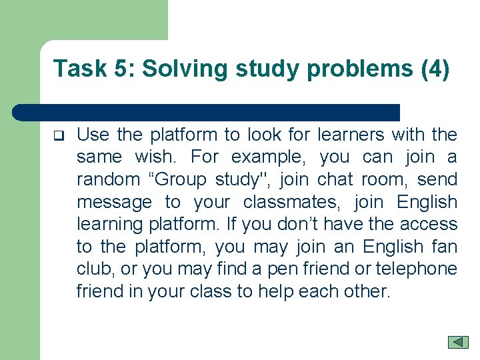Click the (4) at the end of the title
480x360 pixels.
(x=435, y=69)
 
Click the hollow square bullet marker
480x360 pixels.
(x=58, y=136)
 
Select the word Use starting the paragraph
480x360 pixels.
(x=93, y=135)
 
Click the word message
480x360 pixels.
(x=114, y=203)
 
